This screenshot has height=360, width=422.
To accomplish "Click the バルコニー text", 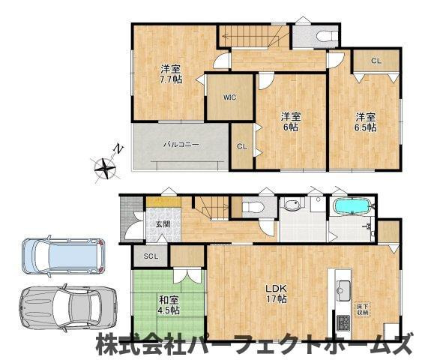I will (x=181, y=143).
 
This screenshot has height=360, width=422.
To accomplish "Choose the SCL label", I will (x=150, y=256).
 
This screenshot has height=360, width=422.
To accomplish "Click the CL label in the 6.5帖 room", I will (x=376, y=61).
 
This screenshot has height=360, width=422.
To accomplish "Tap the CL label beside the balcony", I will (x=241, y=147).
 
